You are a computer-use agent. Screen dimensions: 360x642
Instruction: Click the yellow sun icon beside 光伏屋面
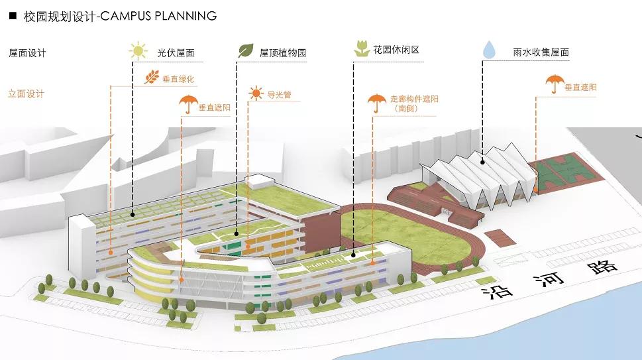(138, 51)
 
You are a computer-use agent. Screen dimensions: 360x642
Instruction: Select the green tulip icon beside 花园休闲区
(361, 49)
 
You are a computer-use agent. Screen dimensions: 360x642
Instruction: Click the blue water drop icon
(489, 50)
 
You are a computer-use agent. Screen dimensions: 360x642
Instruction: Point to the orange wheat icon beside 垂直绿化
(151, 78)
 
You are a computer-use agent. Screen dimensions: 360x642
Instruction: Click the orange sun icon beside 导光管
(255, 94)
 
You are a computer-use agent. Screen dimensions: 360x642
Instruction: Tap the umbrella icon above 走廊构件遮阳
(377, 102)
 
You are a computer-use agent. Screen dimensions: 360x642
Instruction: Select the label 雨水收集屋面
(541, 52)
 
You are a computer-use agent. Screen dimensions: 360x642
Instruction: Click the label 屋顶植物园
(283, 52)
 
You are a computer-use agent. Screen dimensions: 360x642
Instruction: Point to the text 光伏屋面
(176, 52)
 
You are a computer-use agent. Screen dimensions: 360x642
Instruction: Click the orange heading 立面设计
(27, 93)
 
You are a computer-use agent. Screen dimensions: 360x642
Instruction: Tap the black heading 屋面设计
(28, 52)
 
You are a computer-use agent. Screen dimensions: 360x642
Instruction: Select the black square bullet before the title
(13, 15)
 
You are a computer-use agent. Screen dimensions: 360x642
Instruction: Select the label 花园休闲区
(397, 50)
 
